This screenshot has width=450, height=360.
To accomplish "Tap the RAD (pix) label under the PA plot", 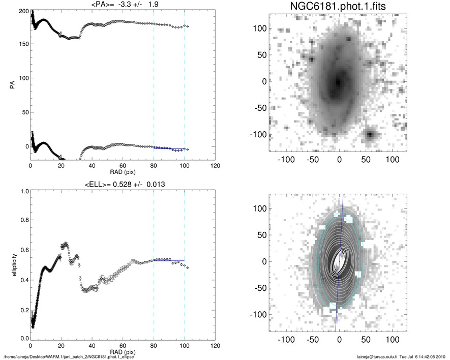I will pyautogui.click(x=122, y=172).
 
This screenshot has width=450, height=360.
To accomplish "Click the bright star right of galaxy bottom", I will pyautogui.click(x=371, y=135).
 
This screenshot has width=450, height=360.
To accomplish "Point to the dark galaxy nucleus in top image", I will pyautogui.click(x=337, y=83).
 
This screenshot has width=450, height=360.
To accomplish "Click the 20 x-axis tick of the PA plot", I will pyautogui.click(x=61, y=166).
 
